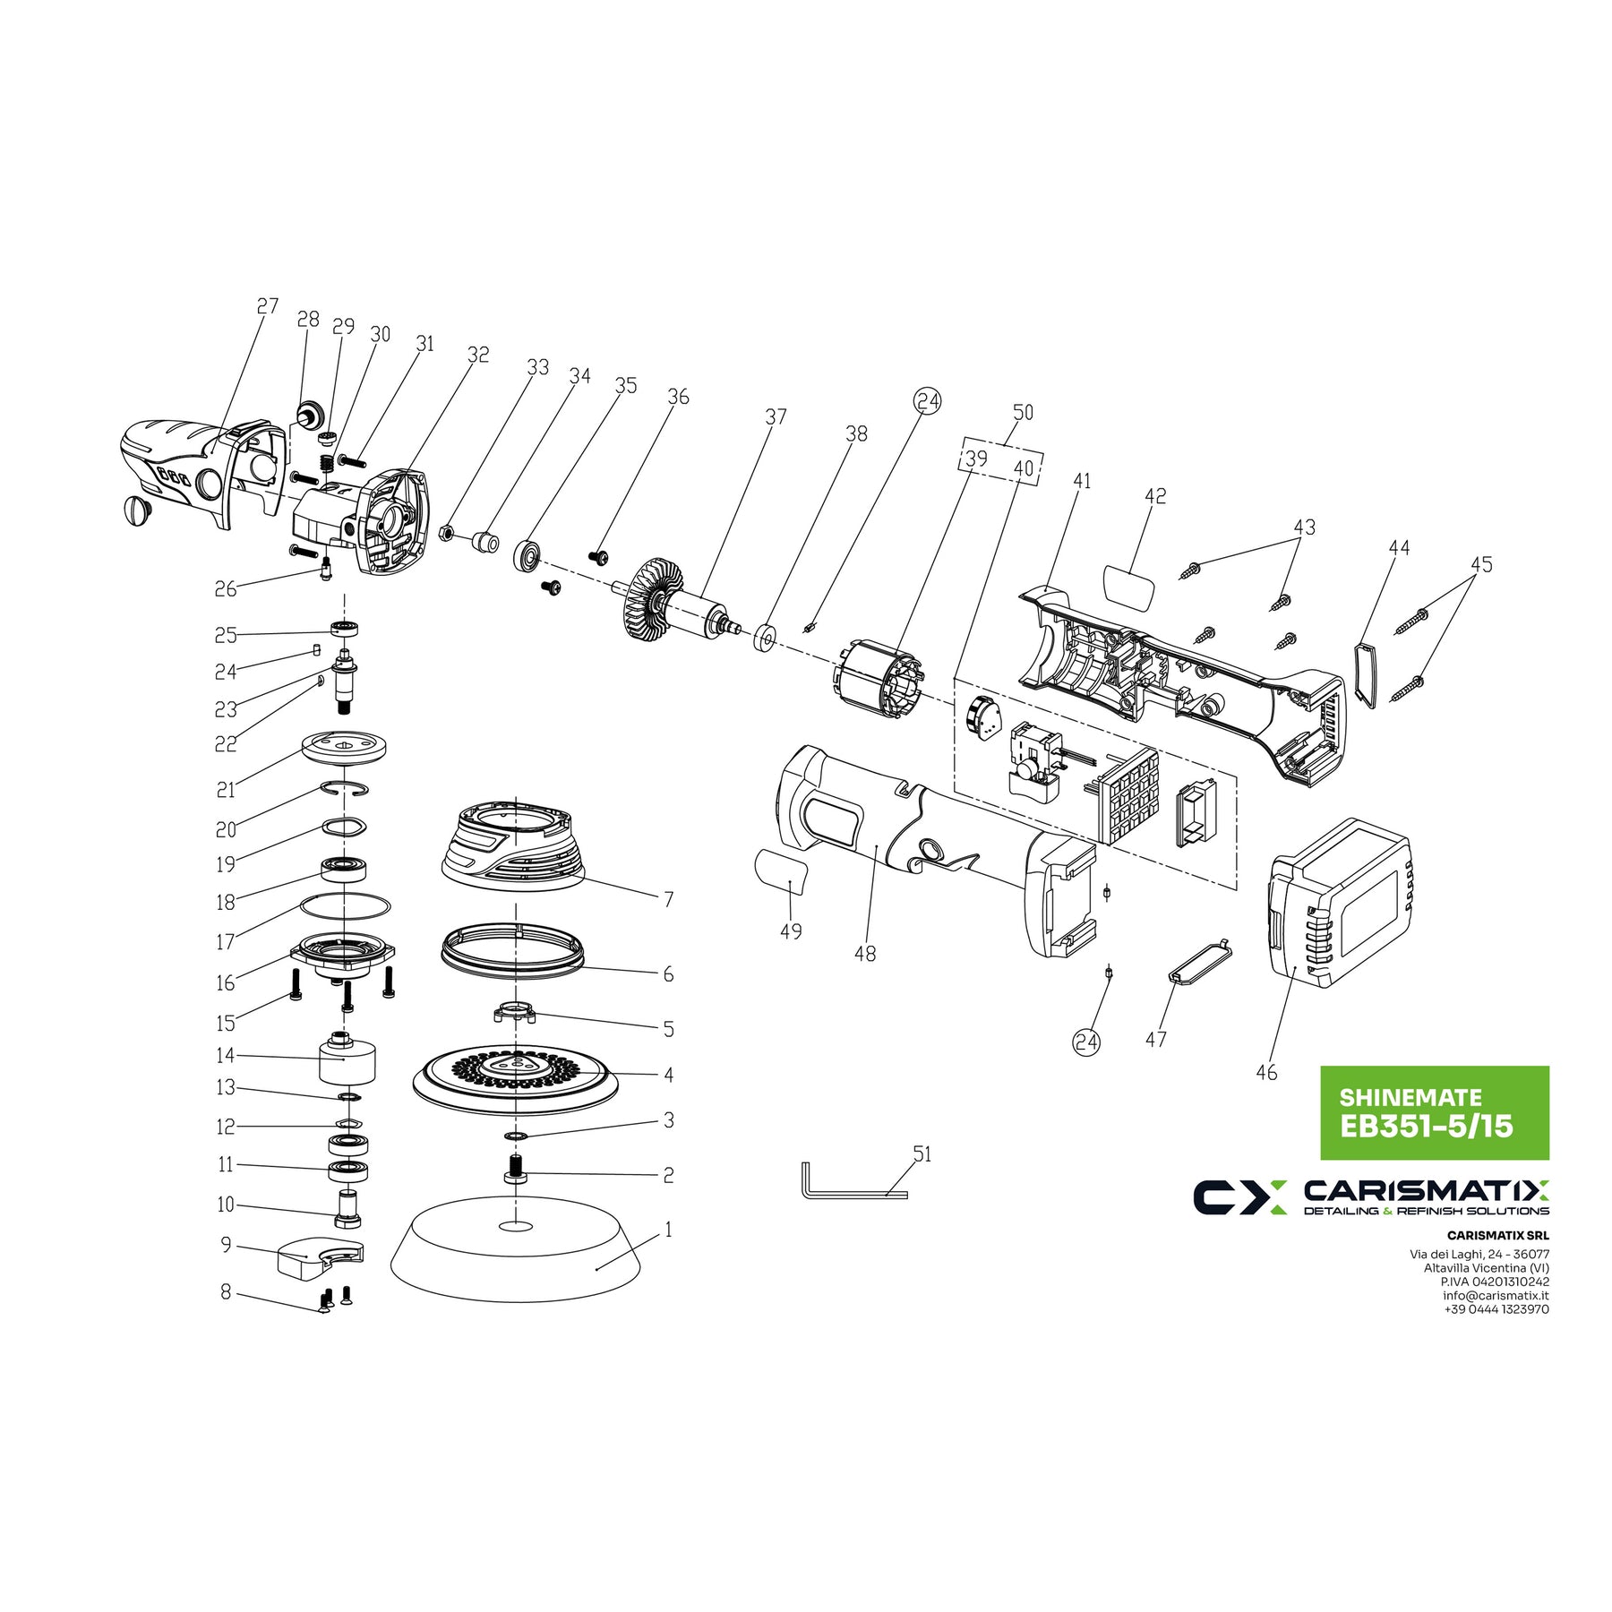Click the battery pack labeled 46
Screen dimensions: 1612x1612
click(x=1339, y=905)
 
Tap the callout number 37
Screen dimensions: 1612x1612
click(x=776, y=417)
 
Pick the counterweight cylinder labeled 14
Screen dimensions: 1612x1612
click(x=347, y=1061)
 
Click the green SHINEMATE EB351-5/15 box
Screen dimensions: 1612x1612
click(x=1435, y=1112)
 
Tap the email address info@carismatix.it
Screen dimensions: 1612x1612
click(x=1496, y=1295)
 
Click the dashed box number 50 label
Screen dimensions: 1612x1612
click(x=1023, y=413)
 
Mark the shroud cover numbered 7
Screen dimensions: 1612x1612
click(x=512, y=846)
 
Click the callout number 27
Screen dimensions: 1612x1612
click(x=268, y=306)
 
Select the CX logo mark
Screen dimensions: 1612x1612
click(x=1240, y=1196)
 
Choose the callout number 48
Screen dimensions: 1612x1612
click(x=865, y=954)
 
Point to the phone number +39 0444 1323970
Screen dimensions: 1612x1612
click(x=1496, y=1309)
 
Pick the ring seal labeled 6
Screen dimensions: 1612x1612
click(x=512, y=949)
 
